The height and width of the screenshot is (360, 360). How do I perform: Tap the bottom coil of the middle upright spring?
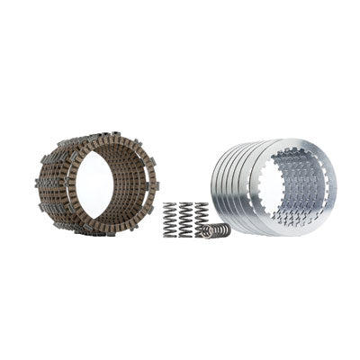click(x=187, y=234)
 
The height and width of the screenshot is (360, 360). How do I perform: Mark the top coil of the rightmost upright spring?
click(x=202, y=204)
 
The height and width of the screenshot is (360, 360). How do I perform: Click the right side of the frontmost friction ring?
click(x=144, y=184)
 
